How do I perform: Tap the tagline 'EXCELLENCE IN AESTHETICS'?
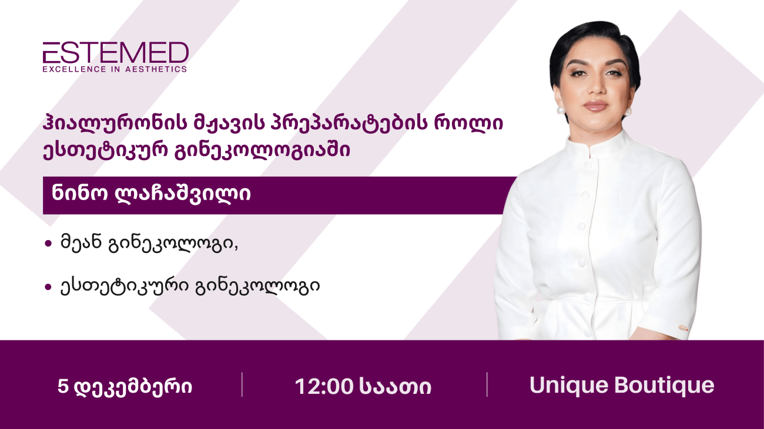coord(115,69)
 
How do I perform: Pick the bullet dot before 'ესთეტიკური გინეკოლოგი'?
coord(48,287)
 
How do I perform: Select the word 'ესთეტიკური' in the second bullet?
coord(124,287)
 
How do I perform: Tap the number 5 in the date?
coord(62,387)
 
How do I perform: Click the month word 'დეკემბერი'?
coord(134,387)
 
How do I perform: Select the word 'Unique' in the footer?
coord(568,386)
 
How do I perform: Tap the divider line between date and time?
coord(242,384)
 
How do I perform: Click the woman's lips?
coord(594,106)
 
